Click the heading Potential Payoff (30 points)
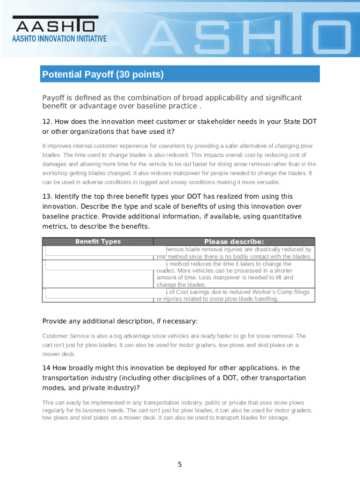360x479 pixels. (103, 74)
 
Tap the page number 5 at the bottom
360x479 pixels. (180, 464)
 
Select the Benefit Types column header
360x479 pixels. (98, 242)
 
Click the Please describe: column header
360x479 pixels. (234, 242)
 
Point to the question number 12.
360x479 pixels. (46, 122)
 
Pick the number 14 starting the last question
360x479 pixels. (46, 368)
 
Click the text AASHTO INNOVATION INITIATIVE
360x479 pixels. (59, 38)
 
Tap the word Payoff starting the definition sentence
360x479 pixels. (53, 98)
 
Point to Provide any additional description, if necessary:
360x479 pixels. (120, 321)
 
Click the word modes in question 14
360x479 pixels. (52, 388)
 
